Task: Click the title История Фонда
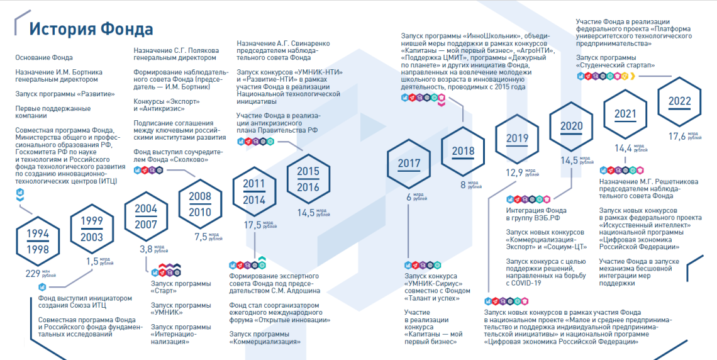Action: (x=91, y=29)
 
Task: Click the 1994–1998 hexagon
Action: (x=38, y=241)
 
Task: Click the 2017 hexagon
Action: (x=409, y=164)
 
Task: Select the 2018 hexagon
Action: (x=463, y=151)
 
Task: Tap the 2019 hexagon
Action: (x=517, y=138)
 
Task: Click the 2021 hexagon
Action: (x=625, y=114)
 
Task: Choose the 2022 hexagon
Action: (x=679, y=101)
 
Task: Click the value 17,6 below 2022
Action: (x=677, y=136)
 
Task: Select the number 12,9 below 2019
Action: (x=514, y=173)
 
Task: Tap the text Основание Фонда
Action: (x=44, y=58)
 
